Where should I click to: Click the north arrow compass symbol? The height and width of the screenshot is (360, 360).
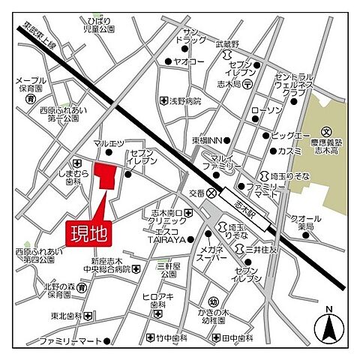coord(328,325)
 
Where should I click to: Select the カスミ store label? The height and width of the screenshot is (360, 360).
coord(289,151)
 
